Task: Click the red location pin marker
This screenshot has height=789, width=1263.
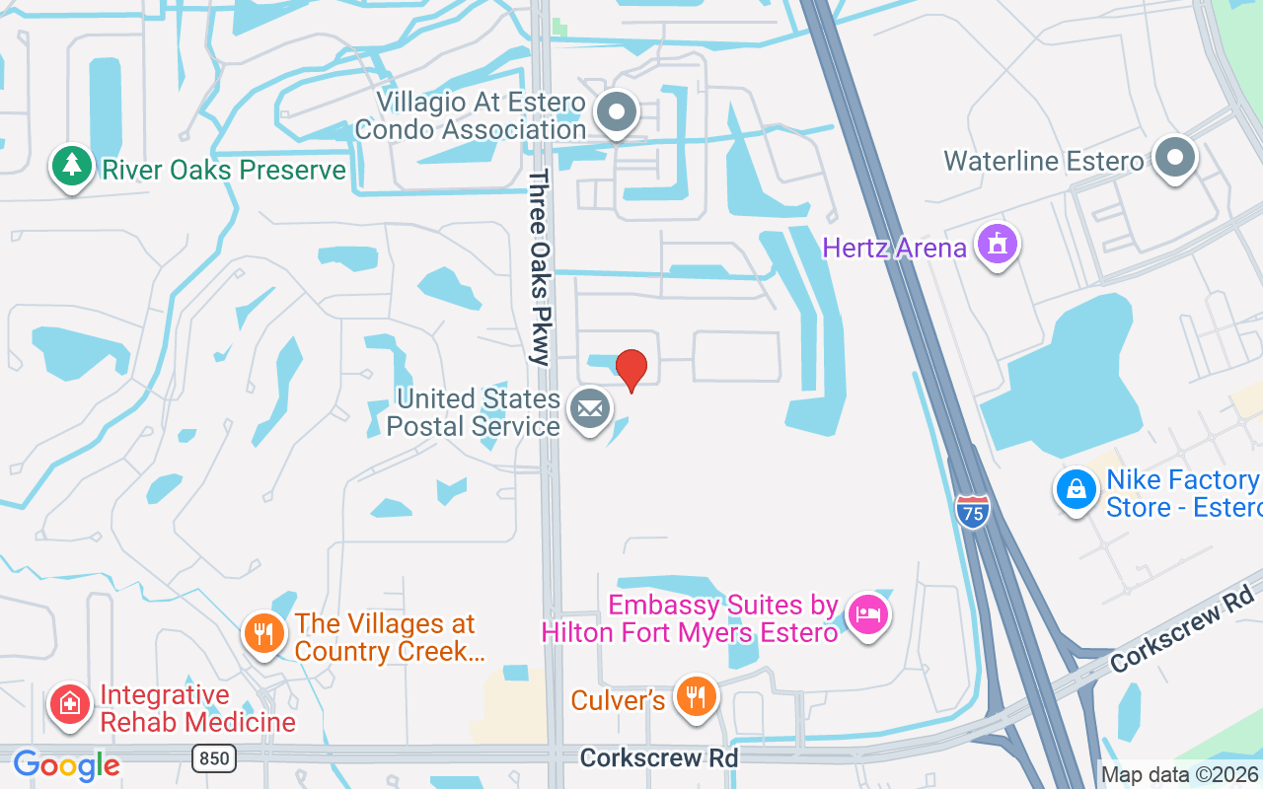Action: tap(631, 369)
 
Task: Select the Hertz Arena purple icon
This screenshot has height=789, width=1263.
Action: tap(997, 244)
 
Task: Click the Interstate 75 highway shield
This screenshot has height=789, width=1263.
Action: tap(972, 512)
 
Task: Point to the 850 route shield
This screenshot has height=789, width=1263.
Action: tap(216, 757)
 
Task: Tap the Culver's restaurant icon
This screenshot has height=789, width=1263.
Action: tap(697, 696)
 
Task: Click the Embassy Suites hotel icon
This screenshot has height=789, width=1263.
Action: tap(867, 615)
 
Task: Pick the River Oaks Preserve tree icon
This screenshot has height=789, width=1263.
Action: tap(71, 166)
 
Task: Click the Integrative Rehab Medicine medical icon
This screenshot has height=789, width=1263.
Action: tap(70, 704)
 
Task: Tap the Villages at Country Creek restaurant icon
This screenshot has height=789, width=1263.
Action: tap(263, 633)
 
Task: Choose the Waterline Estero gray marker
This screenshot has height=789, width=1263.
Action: tap(1175, 158)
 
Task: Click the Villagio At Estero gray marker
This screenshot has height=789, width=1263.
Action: tap(618, 112)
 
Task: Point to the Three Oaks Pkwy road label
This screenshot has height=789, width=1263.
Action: tap(539, 267)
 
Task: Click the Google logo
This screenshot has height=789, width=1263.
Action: tap(66, 765)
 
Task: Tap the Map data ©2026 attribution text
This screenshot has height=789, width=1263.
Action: tap(1179, 775)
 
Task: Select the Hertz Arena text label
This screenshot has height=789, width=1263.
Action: tap(894, 247)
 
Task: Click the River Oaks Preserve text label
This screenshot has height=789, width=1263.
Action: tap(224, 170)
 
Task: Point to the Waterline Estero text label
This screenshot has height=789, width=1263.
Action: tap(1043, 161)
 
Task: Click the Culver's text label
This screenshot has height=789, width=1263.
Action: tap(618, 700)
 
